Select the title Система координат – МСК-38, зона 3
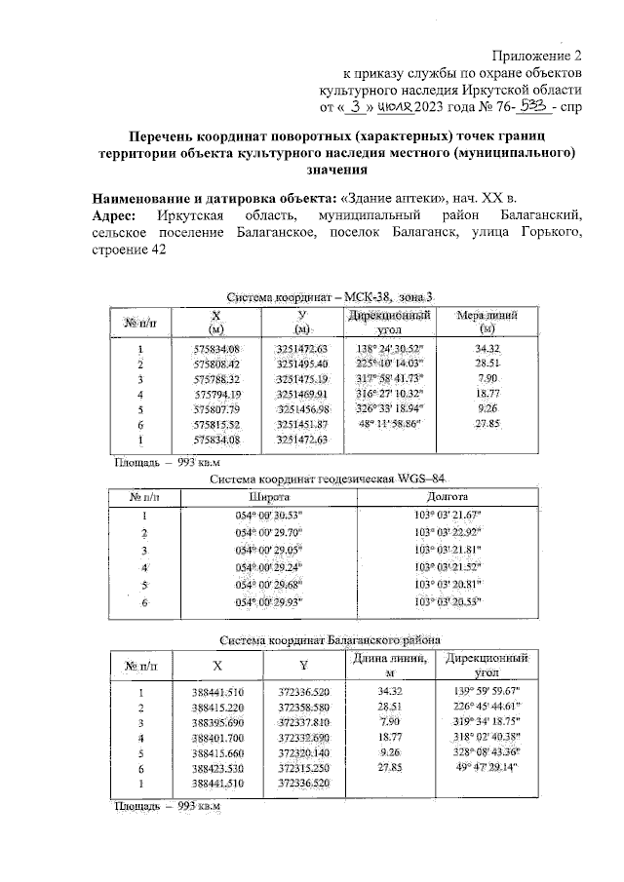tap(330, 296)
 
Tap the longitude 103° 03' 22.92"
tap(448, 532)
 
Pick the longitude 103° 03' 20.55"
tap(448, 603)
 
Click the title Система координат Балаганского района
tap(330, 639)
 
